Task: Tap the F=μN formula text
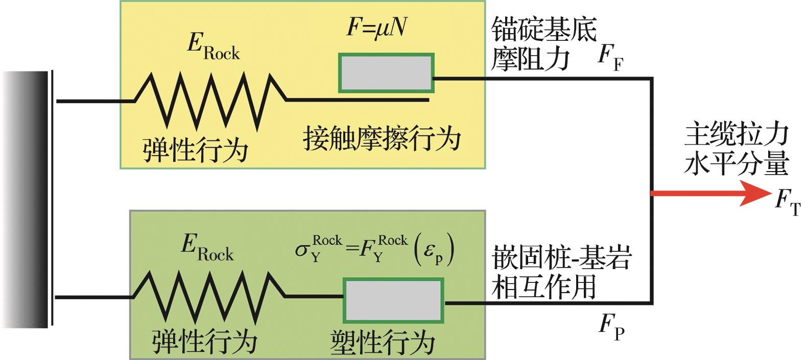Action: click(376, 28)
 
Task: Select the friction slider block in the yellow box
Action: click(387, 73)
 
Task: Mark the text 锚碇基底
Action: click(544, 31)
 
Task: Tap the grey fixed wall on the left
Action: click(26, 199)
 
